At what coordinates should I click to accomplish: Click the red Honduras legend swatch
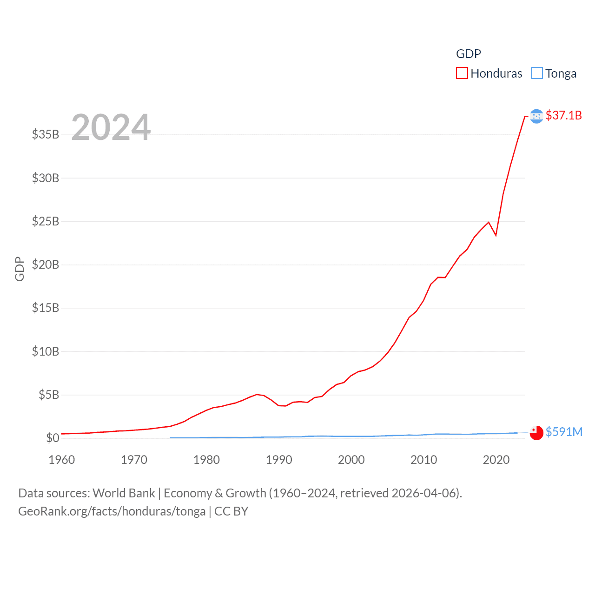click(x=462, y=73)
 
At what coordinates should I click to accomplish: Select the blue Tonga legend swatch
click(x=537, y=73)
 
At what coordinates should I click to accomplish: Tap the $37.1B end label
click(x=563, y=115)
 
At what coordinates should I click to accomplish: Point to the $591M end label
click(x=564, y=432)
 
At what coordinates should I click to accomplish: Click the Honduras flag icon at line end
click(x=536, y=116)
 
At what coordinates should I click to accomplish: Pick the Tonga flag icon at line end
click(x=536, y=433)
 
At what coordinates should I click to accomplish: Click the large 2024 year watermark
click(x=111, y=127)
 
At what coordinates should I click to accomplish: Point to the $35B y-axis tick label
click(x=46, y=135)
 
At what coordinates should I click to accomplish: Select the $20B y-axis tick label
click(x=46, y=265)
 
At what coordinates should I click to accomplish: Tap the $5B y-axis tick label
click(x=49, y=395)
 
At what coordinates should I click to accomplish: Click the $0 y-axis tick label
click(x=53, y=438)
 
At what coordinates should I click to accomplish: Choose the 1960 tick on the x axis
click(x=62, y=460)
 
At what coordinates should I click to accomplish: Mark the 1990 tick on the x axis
click(x=279, y=460)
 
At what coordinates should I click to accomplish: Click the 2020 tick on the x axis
click(x=496, y=460)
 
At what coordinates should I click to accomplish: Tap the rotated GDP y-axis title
click(x=20, y=269)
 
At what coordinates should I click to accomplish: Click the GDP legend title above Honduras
click(x=469, y=54)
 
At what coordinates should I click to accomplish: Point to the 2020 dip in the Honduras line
click(x=496, y=235)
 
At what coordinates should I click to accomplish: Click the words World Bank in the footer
click(x=124, y=493)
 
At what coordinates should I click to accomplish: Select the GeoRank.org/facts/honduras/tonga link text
click(x=112, y=511)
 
